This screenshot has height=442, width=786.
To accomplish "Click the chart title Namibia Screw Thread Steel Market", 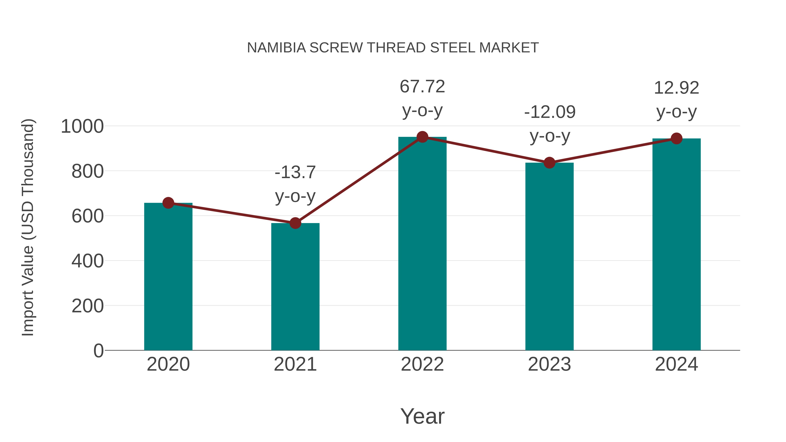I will coord(393,48).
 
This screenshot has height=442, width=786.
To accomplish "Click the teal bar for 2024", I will coord(676,244).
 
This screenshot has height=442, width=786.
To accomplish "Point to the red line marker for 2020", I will coord(168,203).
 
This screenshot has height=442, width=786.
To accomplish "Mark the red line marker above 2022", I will coord(422,137).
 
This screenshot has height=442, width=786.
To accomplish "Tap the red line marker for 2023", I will coord(549,163).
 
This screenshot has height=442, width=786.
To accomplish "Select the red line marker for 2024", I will coord(676,138).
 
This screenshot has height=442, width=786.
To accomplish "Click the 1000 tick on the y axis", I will coord(82,126).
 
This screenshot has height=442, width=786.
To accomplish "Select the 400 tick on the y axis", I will coord(87,261).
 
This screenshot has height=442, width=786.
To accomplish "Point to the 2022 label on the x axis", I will coord(422,364).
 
